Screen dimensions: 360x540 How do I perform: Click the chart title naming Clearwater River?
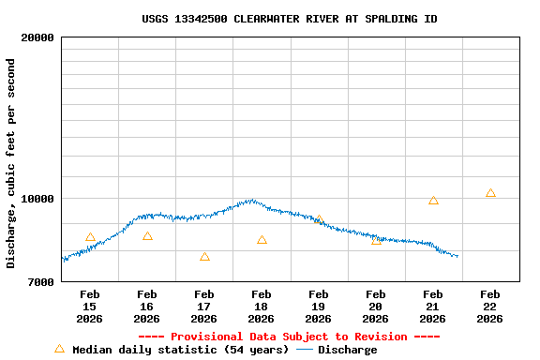point(290,19)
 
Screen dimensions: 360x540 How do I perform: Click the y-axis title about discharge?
point(11,163)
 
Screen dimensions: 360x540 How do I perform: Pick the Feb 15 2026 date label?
point(89,307)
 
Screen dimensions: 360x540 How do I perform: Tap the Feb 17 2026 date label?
point(203,307)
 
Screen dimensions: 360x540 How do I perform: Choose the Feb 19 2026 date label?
point(318,307)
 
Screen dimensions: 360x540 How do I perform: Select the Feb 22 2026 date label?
point(489,307)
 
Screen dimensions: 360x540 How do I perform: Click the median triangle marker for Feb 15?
point(90,238)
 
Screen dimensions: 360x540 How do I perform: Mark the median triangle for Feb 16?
point(147,236)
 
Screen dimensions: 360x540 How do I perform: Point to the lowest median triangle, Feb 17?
point(204,257)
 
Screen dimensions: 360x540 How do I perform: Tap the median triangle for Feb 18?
point(262,240)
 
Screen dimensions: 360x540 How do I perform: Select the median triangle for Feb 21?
point(433,201)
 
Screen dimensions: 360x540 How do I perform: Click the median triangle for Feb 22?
point(490,193)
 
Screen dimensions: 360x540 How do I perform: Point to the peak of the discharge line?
point(250,200)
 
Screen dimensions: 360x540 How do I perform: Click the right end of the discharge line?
point(457,256)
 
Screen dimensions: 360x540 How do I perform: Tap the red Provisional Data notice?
point(289,337)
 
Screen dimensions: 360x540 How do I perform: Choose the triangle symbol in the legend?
point(59,349)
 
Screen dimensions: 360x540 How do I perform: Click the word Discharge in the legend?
point(347,350)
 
